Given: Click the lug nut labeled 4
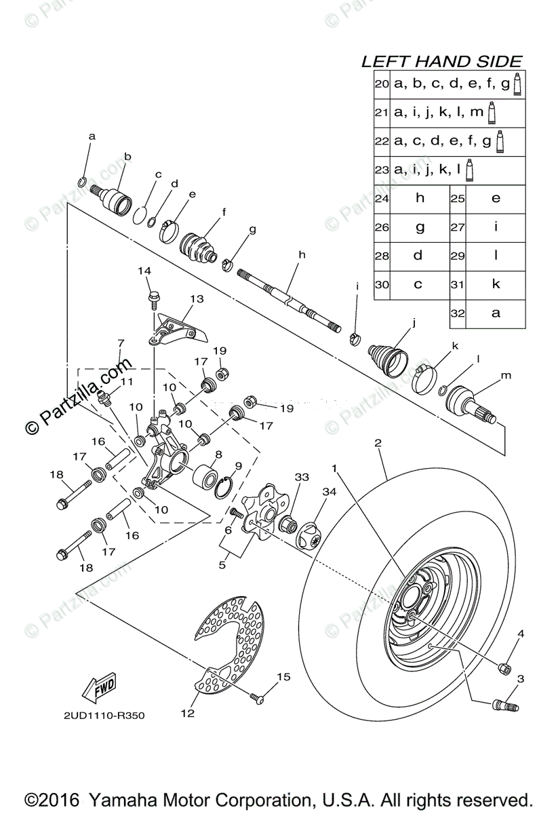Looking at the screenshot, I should (504, 667).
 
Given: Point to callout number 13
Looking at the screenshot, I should (197, 299).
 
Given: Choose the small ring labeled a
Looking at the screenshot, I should (81, 180).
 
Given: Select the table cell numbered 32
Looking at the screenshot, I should (496, 313).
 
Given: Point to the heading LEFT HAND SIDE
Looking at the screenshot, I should (441, 61).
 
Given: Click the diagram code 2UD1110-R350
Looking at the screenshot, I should (105, 715).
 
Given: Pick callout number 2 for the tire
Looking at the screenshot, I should (378, 444).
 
